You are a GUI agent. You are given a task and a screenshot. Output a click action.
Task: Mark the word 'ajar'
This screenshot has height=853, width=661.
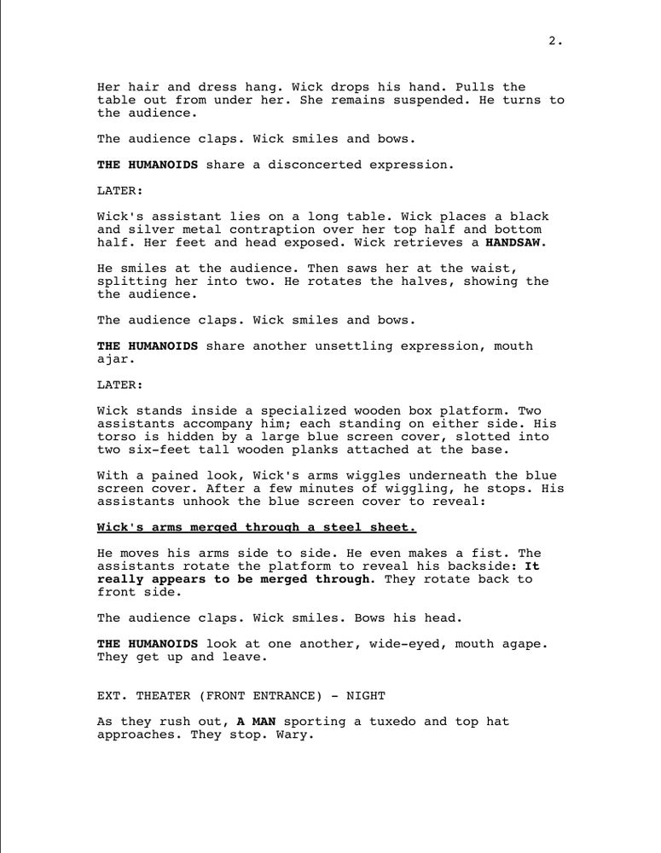pyautogui.click(x=113, y=359)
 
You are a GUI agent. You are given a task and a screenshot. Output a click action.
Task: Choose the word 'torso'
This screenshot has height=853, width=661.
pyautogui.click(x=117, y=437)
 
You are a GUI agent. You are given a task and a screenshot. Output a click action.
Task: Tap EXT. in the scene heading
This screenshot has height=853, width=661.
pyautogui.click(x=113, y=695)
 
